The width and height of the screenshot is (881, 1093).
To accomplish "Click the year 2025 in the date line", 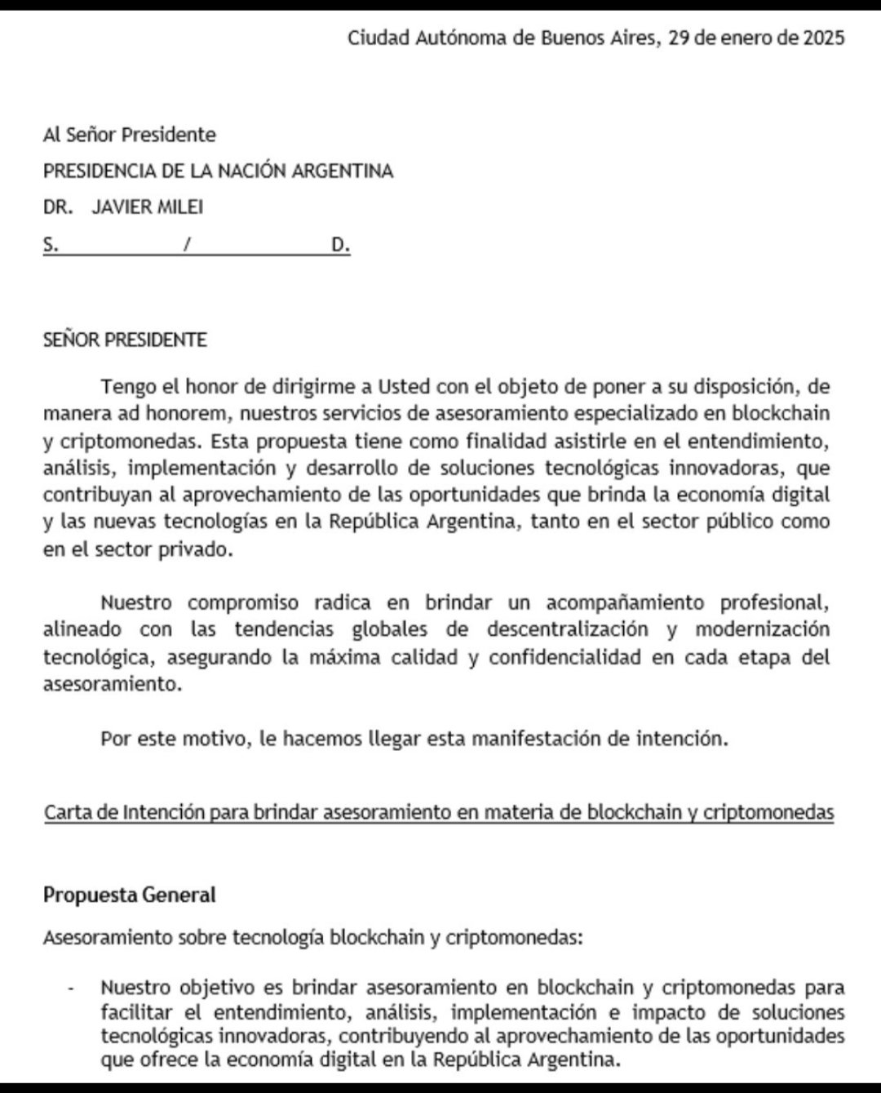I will [x=823, y=38].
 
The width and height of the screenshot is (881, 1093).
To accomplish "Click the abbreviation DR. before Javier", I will [x=58, y=207].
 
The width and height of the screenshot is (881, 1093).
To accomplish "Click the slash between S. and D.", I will [x=187, y=244].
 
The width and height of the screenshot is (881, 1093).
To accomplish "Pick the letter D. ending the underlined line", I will [x=340, y=244].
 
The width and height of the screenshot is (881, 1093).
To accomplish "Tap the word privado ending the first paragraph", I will [x=200, y=549].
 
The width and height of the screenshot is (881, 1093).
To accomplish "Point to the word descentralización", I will [x=568, y=629].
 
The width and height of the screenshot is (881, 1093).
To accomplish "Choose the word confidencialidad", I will [x=564, y=657].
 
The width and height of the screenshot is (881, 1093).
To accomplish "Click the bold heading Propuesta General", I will [x=129, y=895].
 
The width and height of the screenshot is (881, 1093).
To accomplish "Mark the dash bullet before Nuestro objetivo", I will [x=73, y=989].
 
